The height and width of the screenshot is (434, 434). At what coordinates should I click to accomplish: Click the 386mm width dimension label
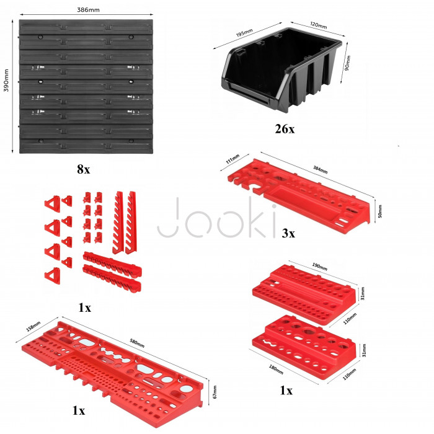(88, 10)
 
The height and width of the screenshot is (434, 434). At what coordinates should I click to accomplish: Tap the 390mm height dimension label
(6, 81)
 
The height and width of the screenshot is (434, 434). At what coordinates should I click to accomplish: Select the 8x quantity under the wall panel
(84, 169)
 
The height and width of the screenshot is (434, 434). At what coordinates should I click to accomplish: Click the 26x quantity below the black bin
(285, 129)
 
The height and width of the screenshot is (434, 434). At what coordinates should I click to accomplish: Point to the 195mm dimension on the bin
(244, 33)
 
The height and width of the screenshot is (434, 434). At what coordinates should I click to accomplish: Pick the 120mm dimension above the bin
(318, 25)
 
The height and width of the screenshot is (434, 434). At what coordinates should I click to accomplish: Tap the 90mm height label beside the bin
(348, 63)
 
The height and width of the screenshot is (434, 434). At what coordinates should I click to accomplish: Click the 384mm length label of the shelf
(321, 169)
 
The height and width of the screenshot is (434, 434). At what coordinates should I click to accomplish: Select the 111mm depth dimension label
(232, 159)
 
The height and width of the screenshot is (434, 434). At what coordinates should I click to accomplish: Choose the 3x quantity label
(288, 233)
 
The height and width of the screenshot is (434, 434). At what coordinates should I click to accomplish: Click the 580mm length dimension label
(137, 343)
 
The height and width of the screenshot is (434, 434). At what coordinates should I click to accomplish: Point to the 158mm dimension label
(33, 326)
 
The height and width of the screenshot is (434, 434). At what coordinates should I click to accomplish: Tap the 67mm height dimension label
(215, 392)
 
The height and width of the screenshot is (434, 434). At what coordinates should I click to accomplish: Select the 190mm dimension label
(320, 267)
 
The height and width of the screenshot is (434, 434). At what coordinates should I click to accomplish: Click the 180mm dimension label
(276, 370)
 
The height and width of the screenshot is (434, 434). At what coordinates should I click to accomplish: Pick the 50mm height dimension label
(380, 211)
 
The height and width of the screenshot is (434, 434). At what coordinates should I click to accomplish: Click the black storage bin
(281, 69)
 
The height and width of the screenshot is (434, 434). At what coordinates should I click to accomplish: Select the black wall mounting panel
(86, 86)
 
